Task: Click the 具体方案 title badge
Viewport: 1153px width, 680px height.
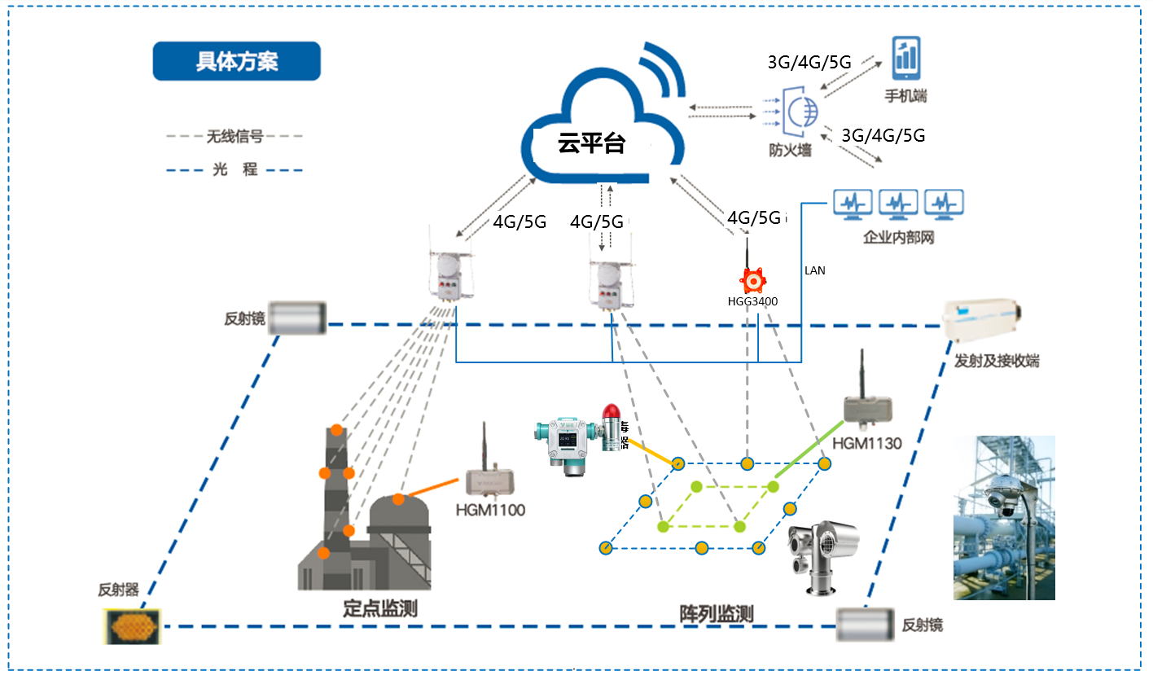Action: coord(236,62)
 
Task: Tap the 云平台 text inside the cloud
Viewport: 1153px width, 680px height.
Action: coord(591,144)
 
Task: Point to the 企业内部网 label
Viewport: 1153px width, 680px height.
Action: coord(898,239)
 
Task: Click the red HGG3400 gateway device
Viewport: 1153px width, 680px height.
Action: coord(753,279)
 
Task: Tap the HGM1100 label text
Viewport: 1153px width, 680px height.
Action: coord(490,511)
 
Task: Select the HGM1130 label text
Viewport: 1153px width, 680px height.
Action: coord(867,444)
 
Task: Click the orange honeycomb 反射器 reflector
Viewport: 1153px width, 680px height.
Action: coord(133,626)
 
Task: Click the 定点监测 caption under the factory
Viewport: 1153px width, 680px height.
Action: coord(380,608)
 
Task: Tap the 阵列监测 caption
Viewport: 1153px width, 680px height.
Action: coord(717,614)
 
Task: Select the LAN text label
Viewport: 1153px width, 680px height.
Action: coord(814,270)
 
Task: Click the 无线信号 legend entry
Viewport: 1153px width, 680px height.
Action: coord(235,136)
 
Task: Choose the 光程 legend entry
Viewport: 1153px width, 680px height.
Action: coord(235,170)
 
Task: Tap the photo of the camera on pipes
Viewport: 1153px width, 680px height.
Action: coord(1004,517)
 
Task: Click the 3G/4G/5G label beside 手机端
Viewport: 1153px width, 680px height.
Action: coord(809,62)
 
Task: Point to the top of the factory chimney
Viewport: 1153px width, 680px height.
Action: coord(335,429)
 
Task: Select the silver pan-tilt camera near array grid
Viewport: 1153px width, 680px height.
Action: coord(821,554)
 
